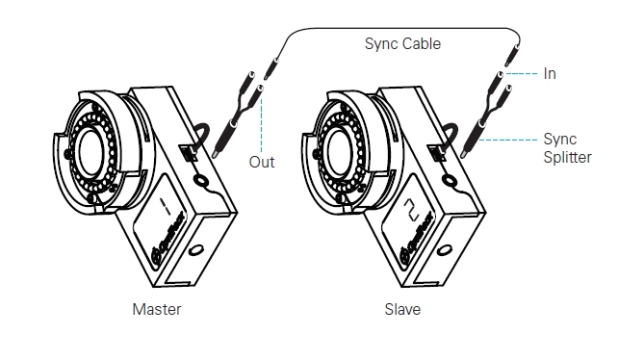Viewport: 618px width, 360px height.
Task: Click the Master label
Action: (157, 310)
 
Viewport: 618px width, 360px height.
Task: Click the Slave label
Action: (402, 310)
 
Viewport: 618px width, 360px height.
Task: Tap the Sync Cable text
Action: (402, 43)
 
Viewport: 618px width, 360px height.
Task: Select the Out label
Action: (262, 162)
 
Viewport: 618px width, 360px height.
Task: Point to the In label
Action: (550, 74)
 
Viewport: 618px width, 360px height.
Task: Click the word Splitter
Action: (568, 158)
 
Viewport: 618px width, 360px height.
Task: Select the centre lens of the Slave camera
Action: (340, 153)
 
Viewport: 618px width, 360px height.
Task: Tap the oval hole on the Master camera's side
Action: (196, 250)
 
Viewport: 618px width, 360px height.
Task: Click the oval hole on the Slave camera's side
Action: (444, 250)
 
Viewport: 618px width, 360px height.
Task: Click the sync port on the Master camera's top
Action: (189, 153)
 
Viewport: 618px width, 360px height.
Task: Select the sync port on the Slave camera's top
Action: (437, 153)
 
